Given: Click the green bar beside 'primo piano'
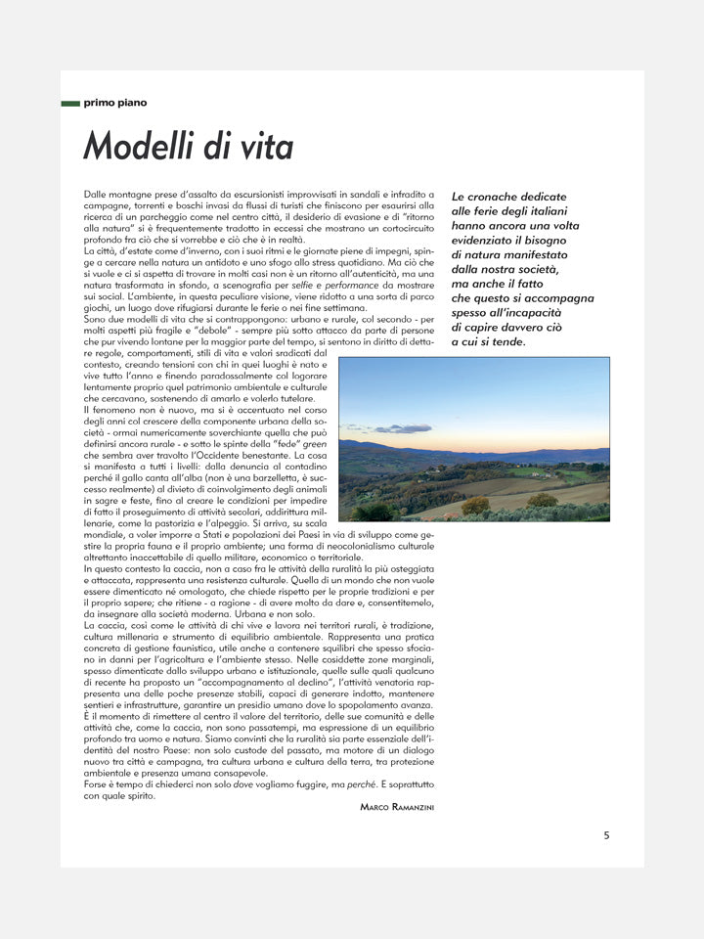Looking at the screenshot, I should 70,103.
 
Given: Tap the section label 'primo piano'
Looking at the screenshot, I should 115,103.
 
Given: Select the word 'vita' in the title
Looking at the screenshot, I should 263,147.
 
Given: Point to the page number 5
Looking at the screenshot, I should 606,835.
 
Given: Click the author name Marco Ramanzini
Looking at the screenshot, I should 397,807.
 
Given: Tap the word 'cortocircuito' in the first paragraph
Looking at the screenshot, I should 401,228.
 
